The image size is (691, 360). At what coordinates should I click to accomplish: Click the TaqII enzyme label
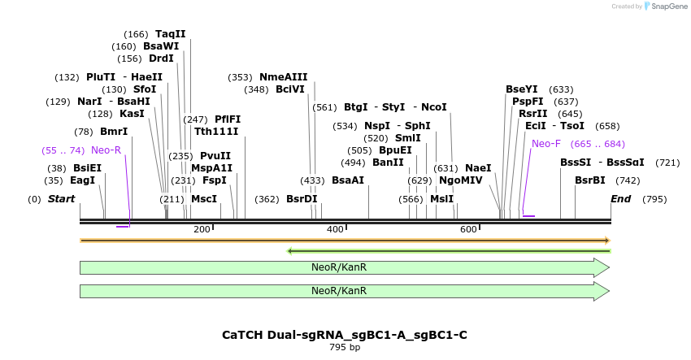coord(171,34)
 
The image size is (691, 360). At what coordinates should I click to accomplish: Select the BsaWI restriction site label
coord(161,46)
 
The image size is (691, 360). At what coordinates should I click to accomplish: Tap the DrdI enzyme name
coord(161,59)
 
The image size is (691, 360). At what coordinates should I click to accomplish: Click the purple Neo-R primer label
coord(106,150)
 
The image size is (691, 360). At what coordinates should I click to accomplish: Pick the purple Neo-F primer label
coord(546,144)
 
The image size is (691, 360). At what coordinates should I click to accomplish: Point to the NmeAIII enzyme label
coord(284,77)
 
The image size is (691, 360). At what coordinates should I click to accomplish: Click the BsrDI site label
coord(302,199)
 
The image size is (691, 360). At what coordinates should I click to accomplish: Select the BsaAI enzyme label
coord(348,180)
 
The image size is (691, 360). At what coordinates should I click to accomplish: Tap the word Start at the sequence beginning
coord(61,199)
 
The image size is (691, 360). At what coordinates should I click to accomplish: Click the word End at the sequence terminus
coord(620,199)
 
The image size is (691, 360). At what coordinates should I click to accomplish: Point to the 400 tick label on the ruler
coord(335,230)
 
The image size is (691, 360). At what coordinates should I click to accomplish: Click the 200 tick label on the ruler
coord(202,230)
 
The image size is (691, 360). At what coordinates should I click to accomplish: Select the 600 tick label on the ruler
coord(468,230)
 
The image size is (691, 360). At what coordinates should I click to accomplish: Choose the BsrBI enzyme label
coord(590,180)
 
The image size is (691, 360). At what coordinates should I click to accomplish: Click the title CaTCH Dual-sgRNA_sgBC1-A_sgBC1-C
coord(345,335)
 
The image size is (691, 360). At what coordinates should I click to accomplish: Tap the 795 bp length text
coord(345,347)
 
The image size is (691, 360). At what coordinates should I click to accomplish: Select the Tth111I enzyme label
coord(216,132)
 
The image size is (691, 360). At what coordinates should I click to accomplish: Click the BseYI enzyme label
coord(522,89)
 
